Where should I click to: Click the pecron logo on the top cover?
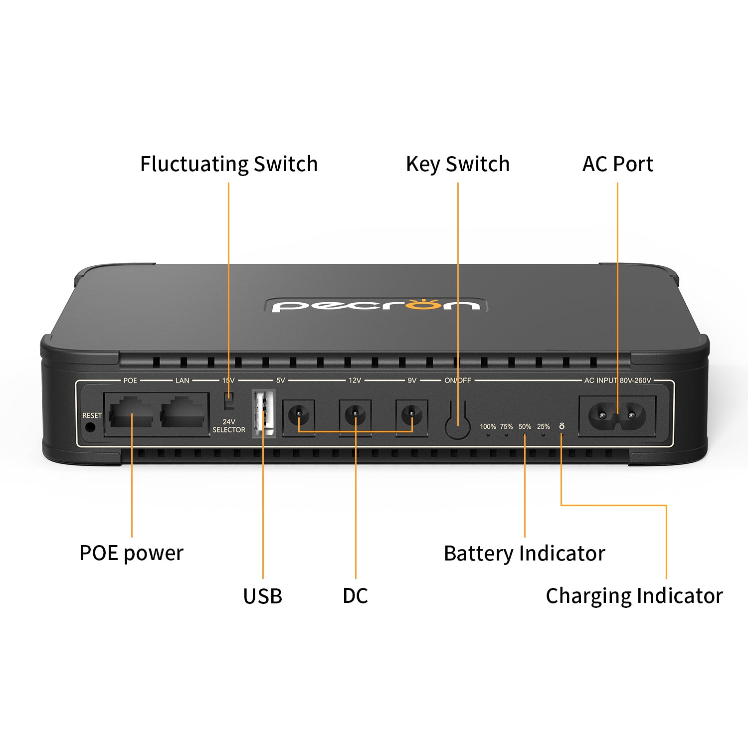(375, 305)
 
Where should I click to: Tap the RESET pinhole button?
(90, 427)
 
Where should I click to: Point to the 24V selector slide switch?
(229, 398)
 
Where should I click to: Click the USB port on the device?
(264, 413)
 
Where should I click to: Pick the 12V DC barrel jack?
(355, 414)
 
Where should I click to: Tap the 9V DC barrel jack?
(411, 414)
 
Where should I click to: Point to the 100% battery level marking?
(488, 427)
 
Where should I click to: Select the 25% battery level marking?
(543, 427)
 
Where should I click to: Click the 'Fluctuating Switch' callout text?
(229, 164)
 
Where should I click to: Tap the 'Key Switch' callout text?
(458, 164)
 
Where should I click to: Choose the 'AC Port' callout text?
(617, 164)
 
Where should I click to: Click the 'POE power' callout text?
(131, 553)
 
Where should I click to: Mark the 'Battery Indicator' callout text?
(524, 554)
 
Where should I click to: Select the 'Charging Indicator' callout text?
(634, 596)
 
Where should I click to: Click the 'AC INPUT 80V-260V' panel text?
(617, 380)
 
